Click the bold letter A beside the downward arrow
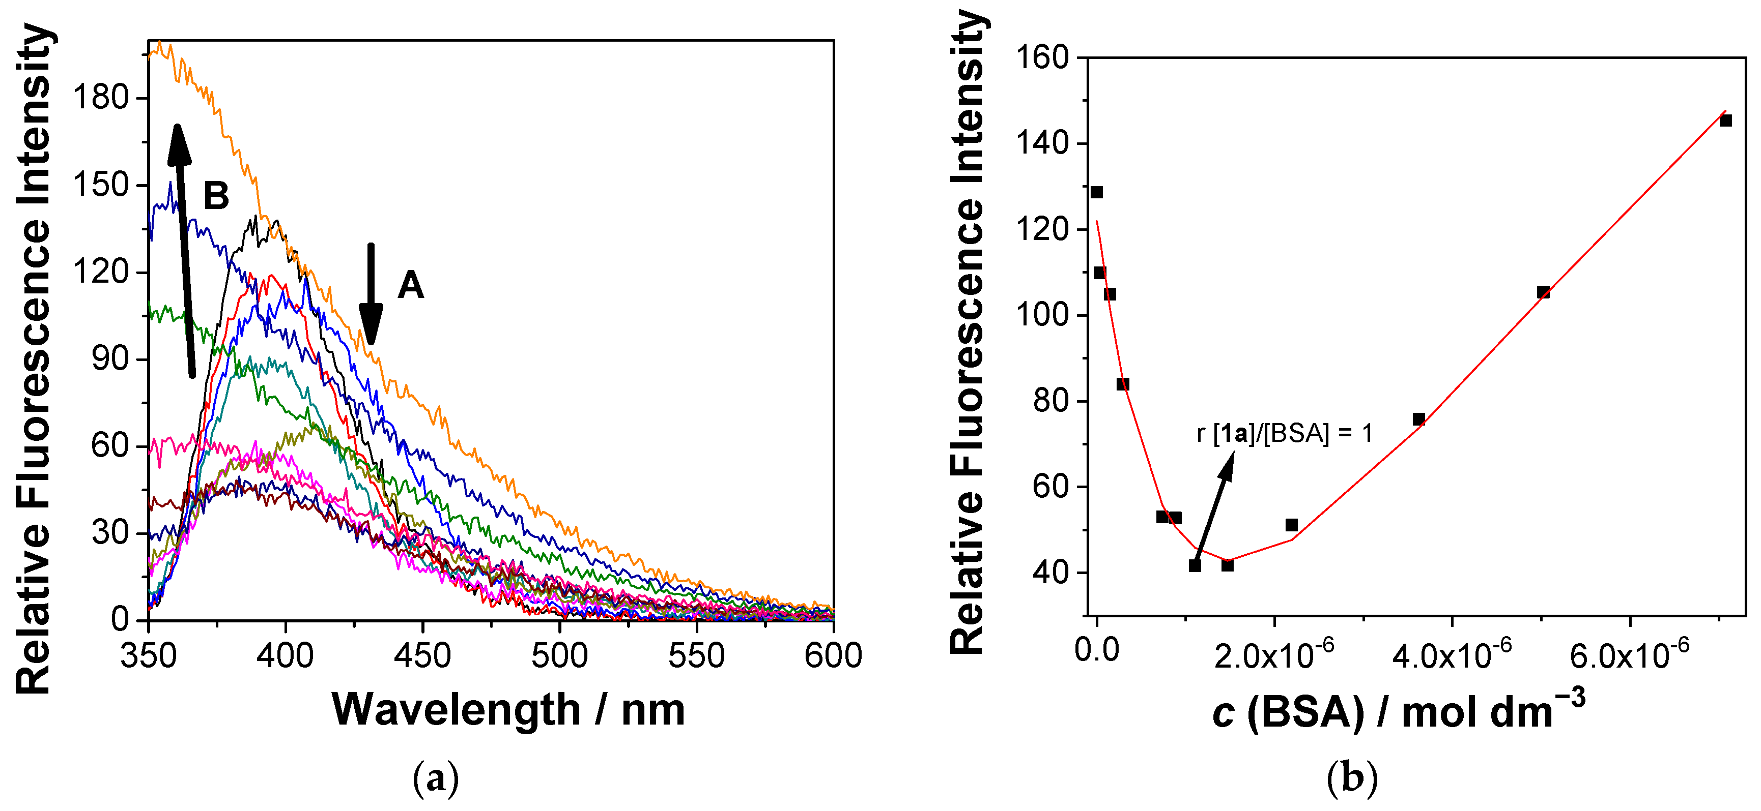(410, 284)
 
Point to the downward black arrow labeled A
(371, 294)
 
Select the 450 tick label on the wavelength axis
(422, 656)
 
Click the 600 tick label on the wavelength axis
(833, 656)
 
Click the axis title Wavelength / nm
(508, 710)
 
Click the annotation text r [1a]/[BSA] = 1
(1285, 433)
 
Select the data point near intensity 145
(1725, 120)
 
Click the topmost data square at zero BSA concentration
(1096, 192)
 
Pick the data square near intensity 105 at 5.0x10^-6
(1543, 292)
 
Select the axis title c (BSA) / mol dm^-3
(1398, 712)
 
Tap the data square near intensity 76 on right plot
(1418, 419)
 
